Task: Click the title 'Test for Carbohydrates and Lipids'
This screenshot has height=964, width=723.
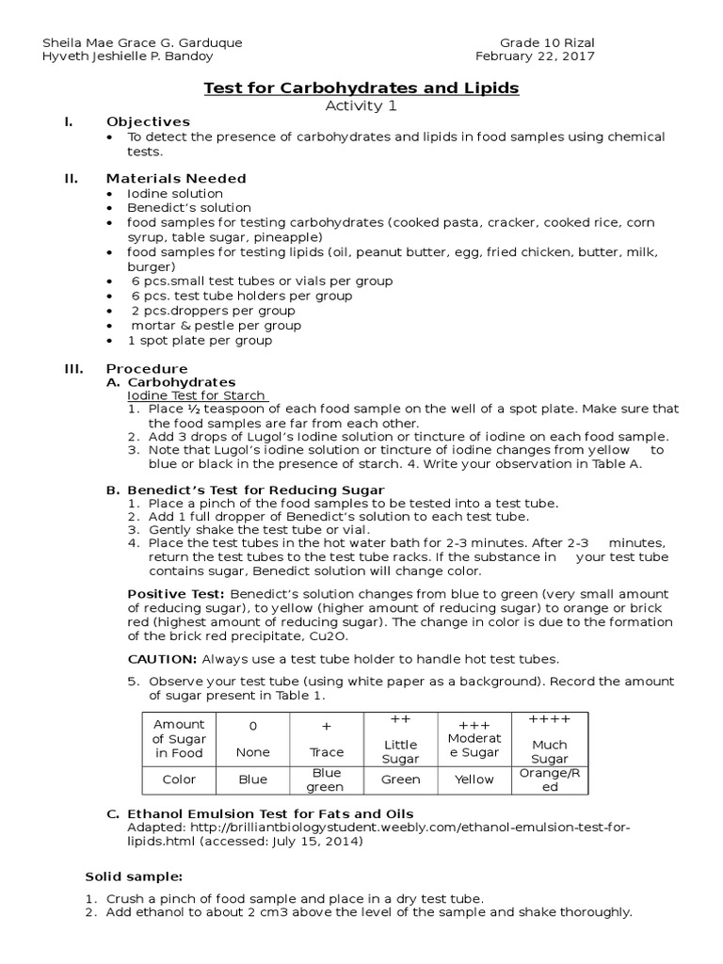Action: coord(361,88)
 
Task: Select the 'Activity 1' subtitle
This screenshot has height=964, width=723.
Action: coord(361,105)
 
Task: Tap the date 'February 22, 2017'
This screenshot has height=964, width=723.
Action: coord(547,56)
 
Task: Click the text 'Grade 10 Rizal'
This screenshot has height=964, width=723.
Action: coord(547,42)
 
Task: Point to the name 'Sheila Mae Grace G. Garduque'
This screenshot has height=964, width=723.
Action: coord(143,42)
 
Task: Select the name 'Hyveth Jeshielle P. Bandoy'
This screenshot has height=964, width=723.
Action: coord(136,56)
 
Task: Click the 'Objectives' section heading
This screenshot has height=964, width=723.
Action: coord(148,121)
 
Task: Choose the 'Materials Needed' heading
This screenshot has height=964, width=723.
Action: coord(176,178)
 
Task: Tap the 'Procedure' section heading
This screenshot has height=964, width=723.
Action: coord(147,368)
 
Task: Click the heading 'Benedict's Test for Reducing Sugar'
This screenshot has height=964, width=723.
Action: coord(255,490)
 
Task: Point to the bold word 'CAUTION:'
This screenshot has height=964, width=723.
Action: coord(162,659)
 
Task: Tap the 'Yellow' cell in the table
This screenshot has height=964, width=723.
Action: coord(474,779)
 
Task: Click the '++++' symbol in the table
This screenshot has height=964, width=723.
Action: coord(550,719)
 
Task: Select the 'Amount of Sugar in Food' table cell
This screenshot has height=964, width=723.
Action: coord(179,738)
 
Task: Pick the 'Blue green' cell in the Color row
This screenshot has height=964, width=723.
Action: coord(326,779)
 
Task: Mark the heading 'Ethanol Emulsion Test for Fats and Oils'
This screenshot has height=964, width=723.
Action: coord(270,813)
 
